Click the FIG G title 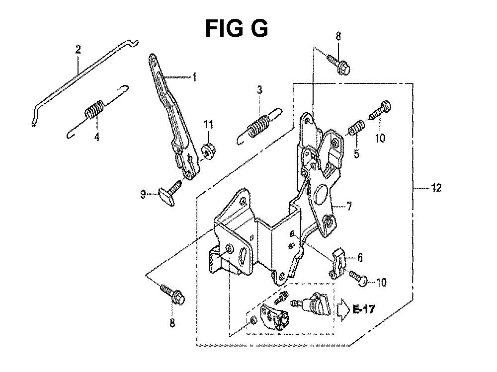click(237, 28)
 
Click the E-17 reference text click(364, 309)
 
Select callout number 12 click(436, 188)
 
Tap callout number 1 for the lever click(194, 76)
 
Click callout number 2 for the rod click(78, 50)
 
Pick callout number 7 click(349, 207)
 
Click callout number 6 click(360, 257)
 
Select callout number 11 click(209, 125)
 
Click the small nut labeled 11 click(209, 151)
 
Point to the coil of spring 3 click(258, 126)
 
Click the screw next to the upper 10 click(380, 112)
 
